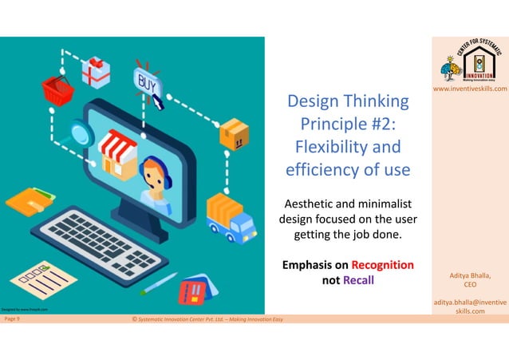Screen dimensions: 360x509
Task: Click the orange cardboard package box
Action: (234, 133)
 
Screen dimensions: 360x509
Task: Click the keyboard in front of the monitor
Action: (102, 239)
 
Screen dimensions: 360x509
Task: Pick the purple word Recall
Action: (357, 279)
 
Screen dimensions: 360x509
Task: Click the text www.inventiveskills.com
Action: (470, 89)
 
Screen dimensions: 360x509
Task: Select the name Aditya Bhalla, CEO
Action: (470, 279)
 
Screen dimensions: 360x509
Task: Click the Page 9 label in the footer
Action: (13, 318)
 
